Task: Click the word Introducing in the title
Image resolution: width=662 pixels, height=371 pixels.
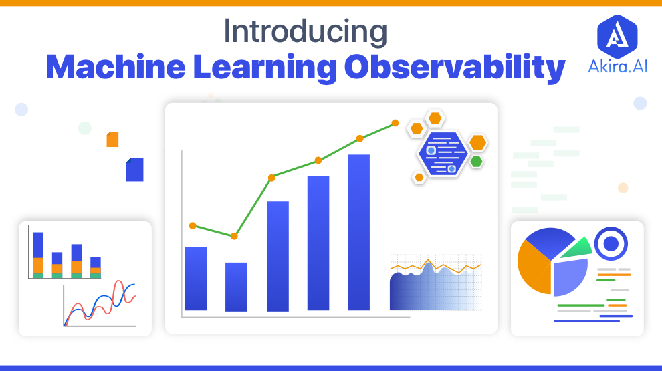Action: click(305, 32)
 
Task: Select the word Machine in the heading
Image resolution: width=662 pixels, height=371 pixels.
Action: click(116, 67)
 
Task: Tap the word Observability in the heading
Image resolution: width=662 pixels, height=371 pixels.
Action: click(455, 68)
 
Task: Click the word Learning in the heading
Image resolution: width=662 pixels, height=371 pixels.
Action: click(265, 68)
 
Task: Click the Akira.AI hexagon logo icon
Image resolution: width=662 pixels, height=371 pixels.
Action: click(617, 37)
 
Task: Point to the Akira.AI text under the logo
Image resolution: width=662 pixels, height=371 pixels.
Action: click(617, 66)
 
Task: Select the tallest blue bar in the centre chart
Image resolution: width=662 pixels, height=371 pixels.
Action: click(359, 232)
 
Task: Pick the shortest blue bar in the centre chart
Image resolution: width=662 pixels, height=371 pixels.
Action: click(236, 287)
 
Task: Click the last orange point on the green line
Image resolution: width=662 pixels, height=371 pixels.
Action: click(395, 123)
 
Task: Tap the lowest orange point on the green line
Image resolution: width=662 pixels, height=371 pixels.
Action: click(234, 236)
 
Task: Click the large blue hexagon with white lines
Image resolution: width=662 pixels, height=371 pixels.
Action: click(443, 154)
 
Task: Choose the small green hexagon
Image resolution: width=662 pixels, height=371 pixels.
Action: click(476, 162)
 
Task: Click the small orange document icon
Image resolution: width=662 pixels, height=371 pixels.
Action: click(112, 139)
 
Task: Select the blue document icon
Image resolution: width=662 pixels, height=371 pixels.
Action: click(134, 169)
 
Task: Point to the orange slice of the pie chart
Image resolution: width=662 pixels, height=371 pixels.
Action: click(533, 268)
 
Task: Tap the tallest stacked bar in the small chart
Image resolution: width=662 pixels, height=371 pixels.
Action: click(38, 255)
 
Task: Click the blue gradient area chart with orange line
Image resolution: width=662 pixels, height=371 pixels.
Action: click(435, 283)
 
